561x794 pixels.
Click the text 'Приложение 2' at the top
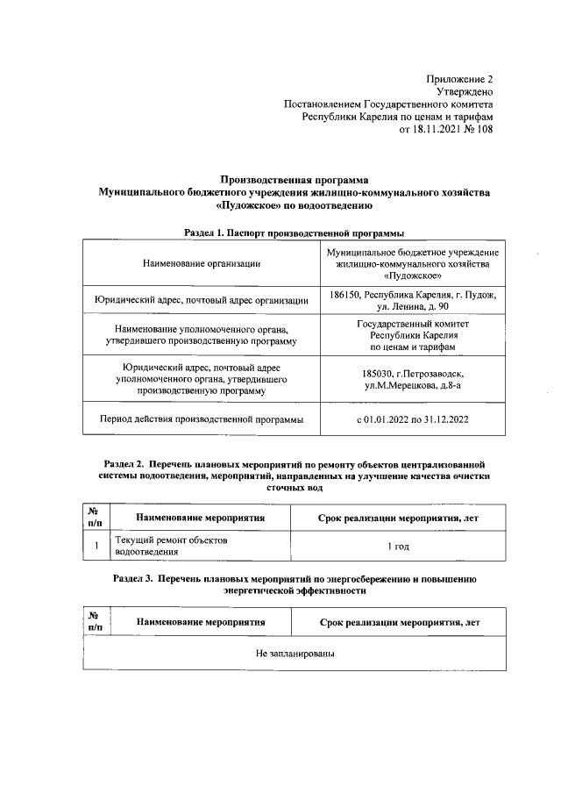(461, 79)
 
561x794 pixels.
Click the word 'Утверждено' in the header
(465, 91)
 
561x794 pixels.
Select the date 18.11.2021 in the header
(437, 129)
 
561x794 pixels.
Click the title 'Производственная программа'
(295, 179)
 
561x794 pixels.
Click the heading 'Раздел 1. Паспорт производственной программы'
(295, 233)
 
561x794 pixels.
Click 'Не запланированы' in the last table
(295, 655)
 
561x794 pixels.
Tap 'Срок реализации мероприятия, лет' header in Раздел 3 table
(400, 622)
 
